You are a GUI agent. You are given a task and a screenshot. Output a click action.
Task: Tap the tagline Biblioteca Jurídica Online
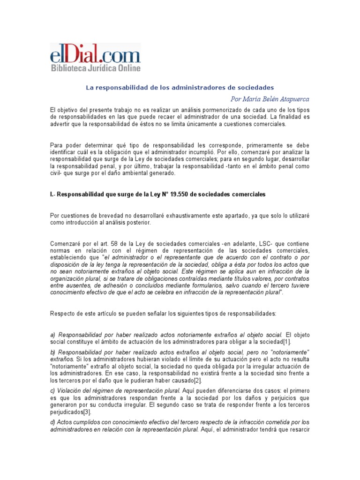click(96, 68)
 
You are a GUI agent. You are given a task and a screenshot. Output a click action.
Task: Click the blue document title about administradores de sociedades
click(180, 88)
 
